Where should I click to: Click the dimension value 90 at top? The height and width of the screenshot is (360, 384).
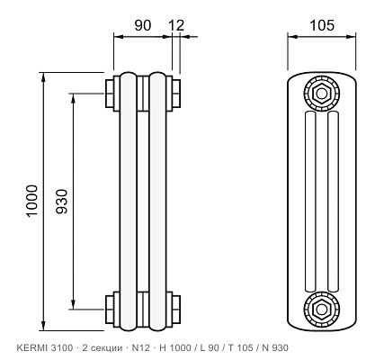(x=142, y=25)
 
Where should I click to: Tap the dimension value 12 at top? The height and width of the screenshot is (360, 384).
(x=176, y=25)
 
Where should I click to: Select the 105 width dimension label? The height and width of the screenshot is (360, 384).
(x=322, y=25)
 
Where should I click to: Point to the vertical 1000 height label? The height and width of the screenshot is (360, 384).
(x=32, y=201)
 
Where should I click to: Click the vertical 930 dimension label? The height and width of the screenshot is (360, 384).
(x=62, y=201)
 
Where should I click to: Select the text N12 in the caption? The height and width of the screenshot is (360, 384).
(x=140, y=348)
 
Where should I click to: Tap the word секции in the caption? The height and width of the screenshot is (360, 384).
(x=106, y=348)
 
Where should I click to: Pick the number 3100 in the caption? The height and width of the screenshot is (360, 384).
(x=62, y=348)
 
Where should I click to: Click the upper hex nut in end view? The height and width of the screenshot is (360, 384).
(x=322, y=94)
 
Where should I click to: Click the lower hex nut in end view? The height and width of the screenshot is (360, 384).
(x=322, y=309)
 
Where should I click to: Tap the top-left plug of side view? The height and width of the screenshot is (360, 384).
(x=110, y=94)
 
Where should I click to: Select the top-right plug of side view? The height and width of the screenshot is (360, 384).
(x=176, y=94)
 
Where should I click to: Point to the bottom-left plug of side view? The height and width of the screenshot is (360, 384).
(x=110, y=309)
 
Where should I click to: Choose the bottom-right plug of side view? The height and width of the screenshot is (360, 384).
(x=176, y=309)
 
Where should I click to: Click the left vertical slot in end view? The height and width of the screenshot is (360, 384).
(x=310, y=202)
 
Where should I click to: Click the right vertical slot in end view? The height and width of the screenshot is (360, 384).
(x=334, y=202)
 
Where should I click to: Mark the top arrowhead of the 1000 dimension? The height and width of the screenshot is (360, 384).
(x=44, y=77)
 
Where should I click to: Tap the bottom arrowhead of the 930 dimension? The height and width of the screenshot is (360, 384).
(x=73, y=304)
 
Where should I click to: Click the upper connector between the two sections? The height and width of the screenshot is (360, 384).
(x=143, y=94)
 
